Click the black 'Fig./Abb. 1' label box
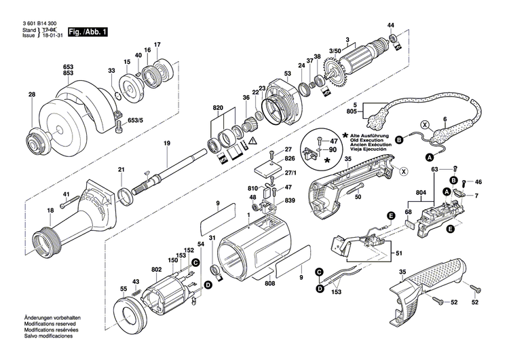(87, 32)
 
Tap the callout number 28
(31, 95)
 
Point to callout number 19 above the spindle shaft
(166, 143)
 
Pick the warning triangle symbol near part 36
(253, 141)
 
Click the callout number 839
(290, 200)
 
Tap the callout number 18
(31, 211)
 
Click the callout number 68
(408, 212)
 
